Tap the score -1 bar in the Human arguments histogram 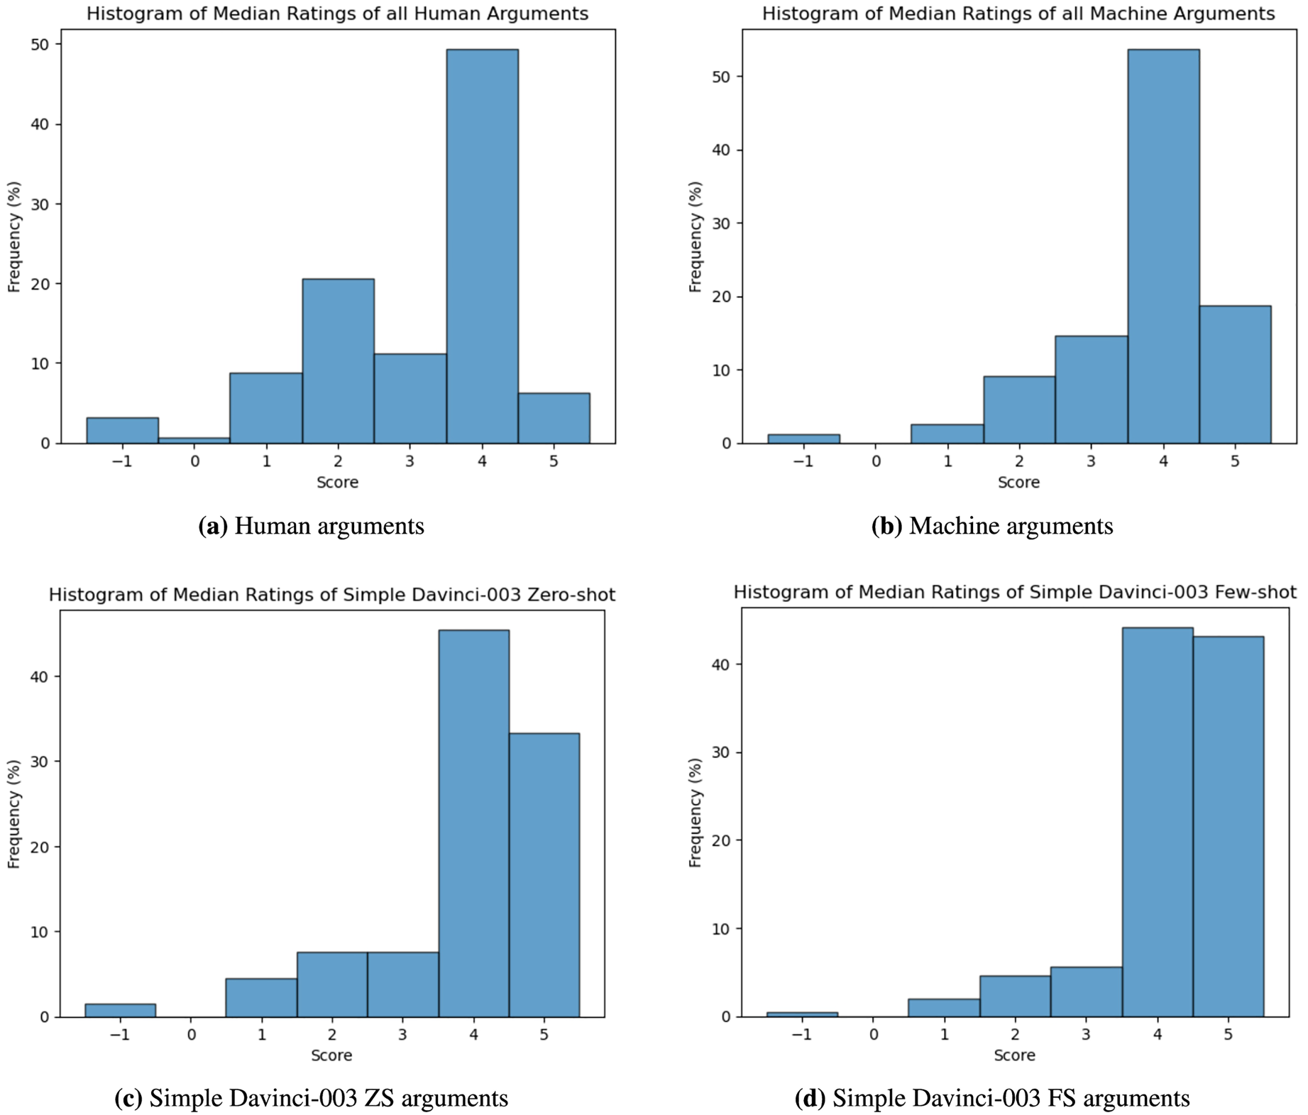coord(122,431)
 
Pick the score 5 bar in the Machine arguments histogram coord(1235,374)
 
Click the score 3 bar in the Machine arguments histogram coord(1091,390)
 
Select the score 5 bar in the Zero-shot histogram coord(544,874)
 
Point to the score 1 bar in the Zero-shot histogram coord(261,997)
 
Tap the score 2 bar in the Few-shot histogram coord(1015,996)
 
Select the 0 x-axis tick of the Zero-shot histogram coord(191,1035)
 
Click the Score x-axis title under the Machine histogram coord(1018,483)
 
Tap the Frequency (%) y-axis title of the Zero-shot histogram coord(13,813)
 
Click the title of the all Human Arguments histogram coord(337,13)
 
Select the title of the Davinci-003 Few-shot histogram coord(1015,593)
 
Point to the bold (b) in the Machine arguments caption coord(886,526)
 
